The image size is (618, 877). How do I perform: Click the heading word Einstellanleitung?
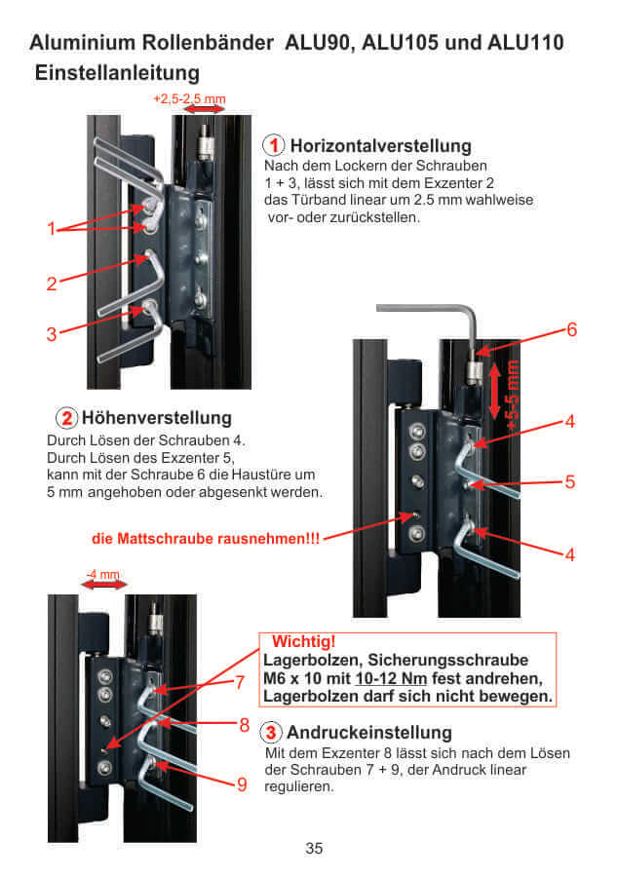pyautogui.click(x=117, y=73)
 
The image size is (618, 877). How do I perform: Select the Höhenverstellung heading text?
pyautogui.click(x=164, y=418)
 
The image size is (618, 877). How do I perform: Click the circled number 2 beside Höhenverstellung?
pyautogui.click(x=67, y=418)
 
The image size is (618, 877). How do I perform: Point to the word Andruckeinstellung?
pyautogui.click(x=369, y=732)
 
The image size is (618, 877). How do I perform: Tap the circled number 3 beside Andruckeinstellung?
pyautogui.click(x=274, y=732)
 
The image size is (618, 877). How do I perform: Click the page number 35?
pyautogui.click(x=314, y=848)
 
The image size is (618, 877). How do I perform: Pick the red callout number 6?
pyautogui.click(x=571, y=330)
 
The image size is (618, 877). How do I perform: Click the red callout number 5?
pyautogui.click(x=570, y=481)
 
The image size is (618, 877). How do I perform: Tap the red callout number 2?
pyautogui.click(x=51, y=285)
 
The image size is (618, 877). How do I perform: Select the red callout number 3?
pyautogui.click(x=51, y=334)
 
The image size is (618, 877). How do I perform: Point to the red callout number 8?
pyautogui.click(x=244, y=726)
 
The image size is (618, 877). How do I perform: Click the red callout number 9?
pyautogui.click(x=242, y=783)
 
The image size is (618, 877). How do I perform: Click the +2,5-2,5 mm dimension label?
pyautogui.click(x=189, y=99)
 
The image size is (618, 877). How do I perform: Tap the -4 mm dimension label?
pyautogui.click(x=102, y=575)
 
